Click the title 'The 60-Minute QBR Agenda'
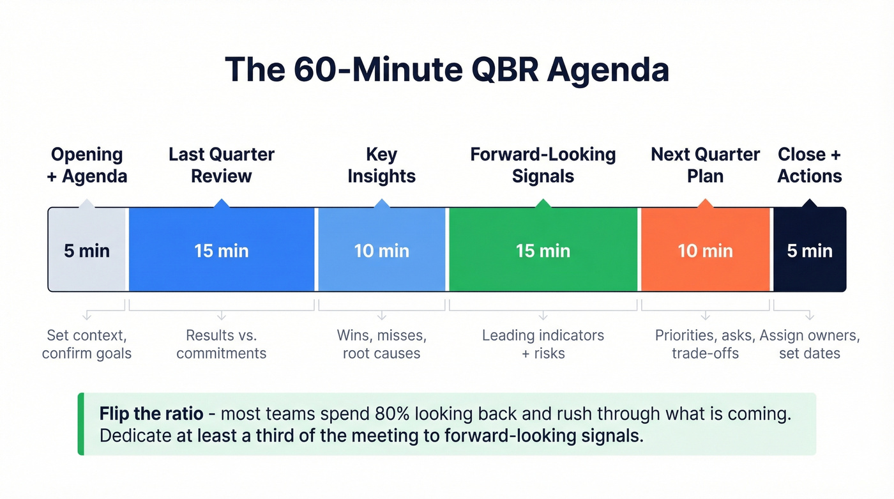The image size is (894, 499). coord(446,70)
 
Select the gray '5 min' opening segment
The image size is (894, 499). coord(87,250)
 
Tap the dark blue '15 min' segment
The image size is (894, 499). coord(221,250)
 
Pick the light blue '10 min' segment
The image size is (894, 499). coord(381,250)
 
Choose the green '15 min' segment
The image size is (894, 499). coord(543,250)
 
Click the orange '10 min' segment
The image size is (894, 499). coord(705,250)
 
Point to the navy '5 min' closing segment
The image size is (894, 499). coord(809,250)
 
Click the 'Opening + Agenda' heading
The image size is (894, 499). coord(87,165)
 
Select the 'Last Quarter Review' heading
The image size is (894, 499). coord(221,165)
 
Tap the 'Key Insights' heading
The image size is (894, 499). coord(381,165)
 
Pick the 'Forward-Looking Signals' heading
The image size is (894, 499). coord(543,165)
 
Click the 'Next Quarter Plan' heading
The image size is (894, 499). coord(705,165)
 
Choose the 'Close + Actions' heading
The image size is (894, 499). coord(809,165)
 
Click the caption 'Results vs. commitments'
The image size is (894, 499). coord(221,344)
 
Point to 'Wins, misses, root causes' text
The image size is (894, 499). coord(381,344)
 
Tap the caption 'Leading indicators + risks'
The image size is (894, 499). coord(543,344)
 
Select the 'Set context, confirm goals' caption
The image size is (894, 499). coord(87,344)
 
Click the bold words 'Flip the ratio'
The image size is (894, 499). coord(151,414)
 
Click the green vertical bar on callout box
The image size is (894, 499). coord(80,424)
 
